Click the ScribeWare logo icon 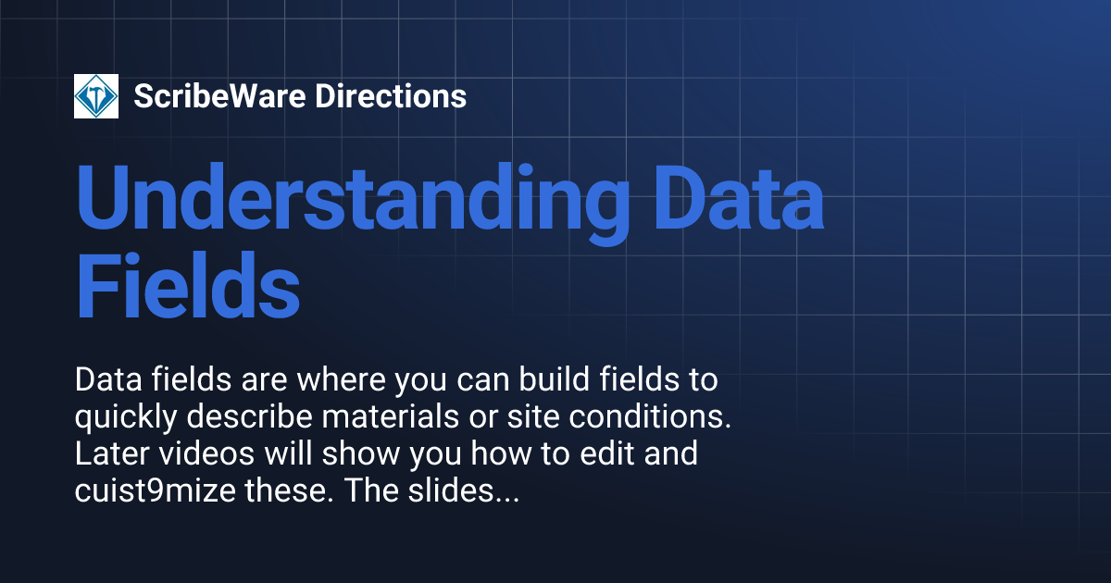click(x=96, y=96)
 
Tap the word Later click(x=106, y=456)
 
